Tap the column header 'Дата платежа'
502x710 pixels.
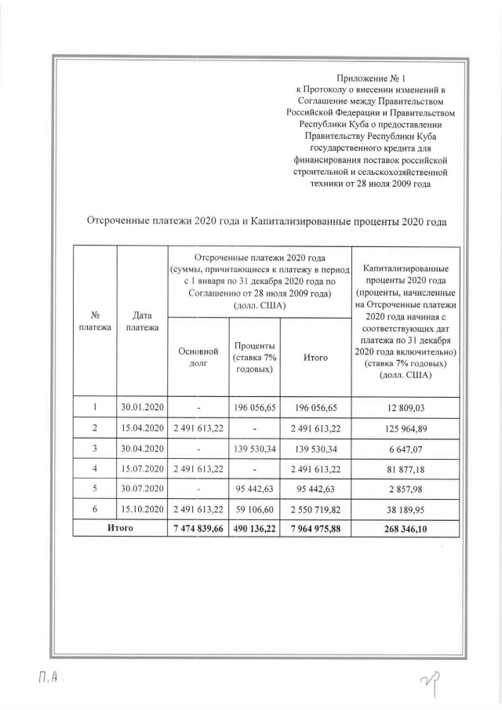[x=142, y=321]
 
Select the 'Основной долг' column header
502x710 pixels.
[x=198, y=357]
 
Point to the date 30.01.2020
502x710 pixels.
[x=142, y=408]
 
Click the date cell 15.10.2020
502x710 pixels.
[x=142, y=509]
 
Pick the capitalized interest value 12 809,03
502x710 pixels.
[x=405, y=408]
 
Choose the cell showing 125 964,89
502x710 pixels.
[x=405, y=428]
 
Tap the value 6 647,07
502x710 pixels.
[x=405, y=449]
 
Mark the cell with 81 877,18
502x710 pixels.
[x=405, y=469]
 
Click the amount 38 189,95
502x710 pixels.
[x=405, y=509]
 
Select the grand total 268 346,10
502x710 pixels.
[x=405, y=529]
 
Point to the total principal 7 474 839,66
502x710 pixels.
[x=198, y=529]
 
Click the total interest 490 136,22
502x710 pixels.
[x=254, y=529]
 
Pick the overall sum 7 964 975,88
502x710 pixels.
[x=315, y=529]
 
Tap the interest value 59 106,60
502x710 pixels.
[x=254, y=509]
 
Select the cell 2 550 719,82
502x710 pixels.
[x=315, y=509]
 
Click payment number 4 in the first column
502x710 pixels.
[x=95, y=469]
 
